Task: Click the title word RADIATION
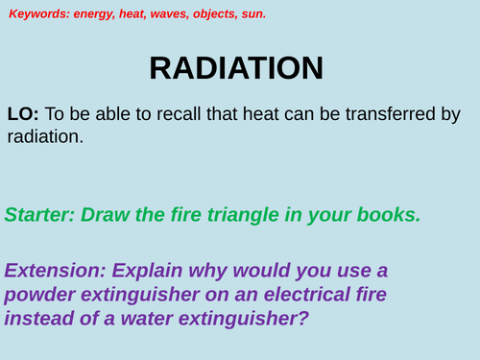(236, 68)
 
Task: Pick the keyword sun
(254, 14)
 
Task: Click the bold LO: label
(24, 113)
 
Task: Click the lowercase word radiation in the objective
(43, 136)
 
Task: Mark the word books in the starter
(389, 214)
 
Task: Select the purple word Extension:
(56, 270)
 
